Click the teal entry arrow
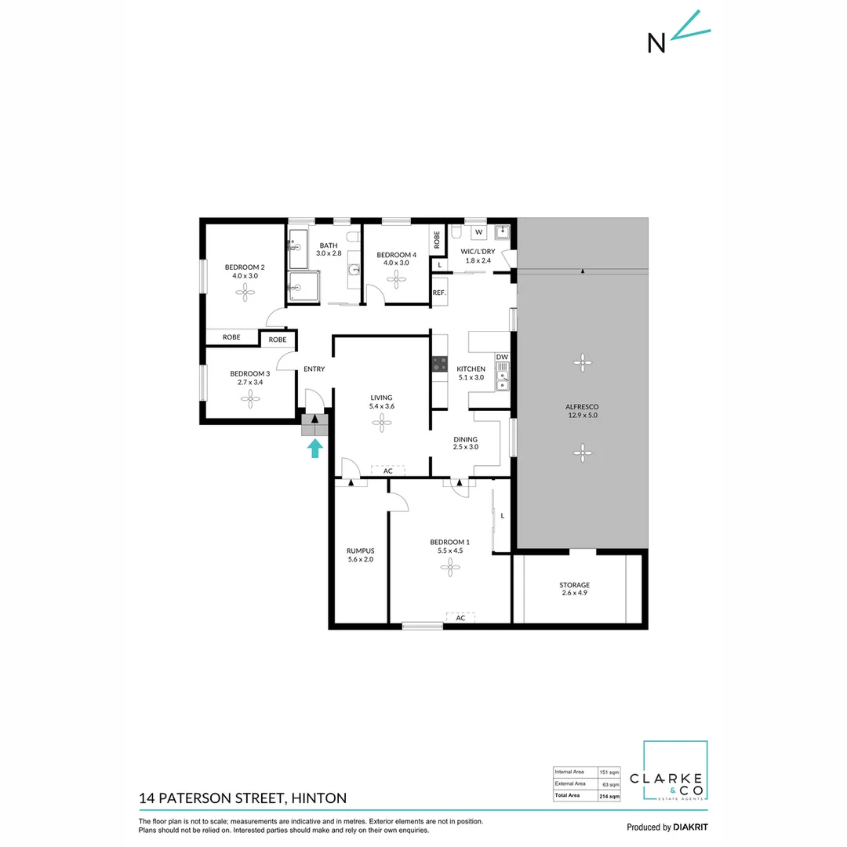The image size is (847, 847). click(315, 448)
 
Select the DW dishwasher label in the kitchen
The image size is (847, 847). click(502, 358)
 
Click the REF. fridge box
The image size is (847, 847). click(439, 293)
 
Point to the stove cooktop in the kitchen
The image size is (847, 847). click(439, 365)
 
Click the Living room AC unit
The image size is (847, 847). click(387, 471)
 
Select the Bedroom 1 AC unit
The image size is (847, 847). click(461, 618)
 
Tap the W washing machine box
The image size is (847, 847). click(478, 232)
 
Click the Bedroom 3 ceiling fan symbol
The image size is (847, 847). click(250, 399)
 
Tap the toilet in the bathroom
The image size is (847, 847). click(354, 237)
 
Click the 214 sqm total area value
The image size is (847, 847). click(609, 796)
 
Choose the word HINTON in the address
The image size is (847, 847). click(318, 798)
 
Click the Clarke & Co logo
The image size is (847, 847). click(674, 772)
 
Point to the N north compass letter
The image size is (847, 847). click(656, 43)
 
